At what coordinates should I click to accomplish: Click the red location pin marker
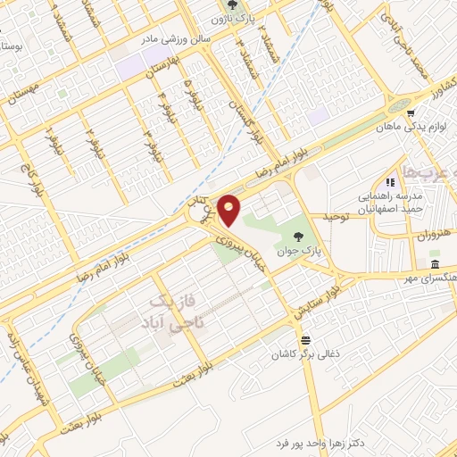[230, 210]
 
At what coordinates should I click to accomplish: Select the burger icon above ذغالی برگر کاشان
[306, 340]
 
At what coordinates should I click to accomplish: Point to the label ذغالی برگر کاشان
[306, 354]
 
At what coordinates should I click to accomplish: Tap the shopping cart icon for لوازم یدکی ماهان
[410, 113]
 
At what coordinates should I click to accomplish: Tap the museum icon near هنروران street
[434, 265]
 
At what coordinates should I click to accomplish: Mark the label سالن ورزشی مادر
[170, 40]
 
